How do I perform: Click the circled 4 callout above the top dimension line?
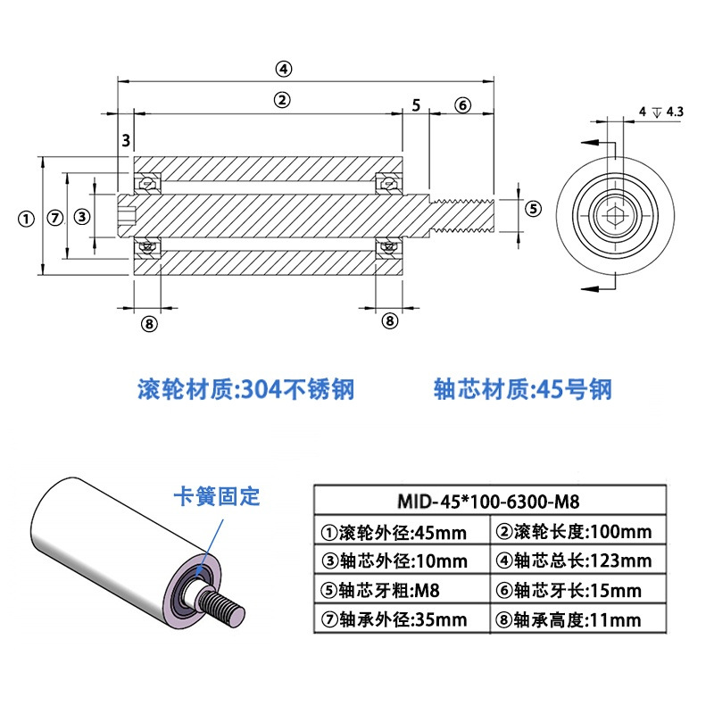[x=283, y=69]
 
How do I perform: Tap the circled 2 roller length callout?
[x=282, y=100]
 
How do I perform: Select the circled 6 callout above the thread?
[x=462, y=105]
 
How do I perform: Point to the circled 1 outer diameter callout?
[x=26, y=219]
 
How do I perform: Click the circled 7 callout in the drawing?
[x=55, y=218]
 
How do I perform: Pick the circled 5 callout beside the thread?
[x=534, y=209]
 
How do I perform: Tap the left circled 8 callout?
[x=149, y=324]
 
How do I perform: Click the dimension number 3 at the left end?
[x=126, y=140]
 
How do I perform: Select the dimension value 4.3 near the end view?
[x=675, y=112]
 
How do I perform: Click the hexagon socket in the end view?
[x=615, y=214]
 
